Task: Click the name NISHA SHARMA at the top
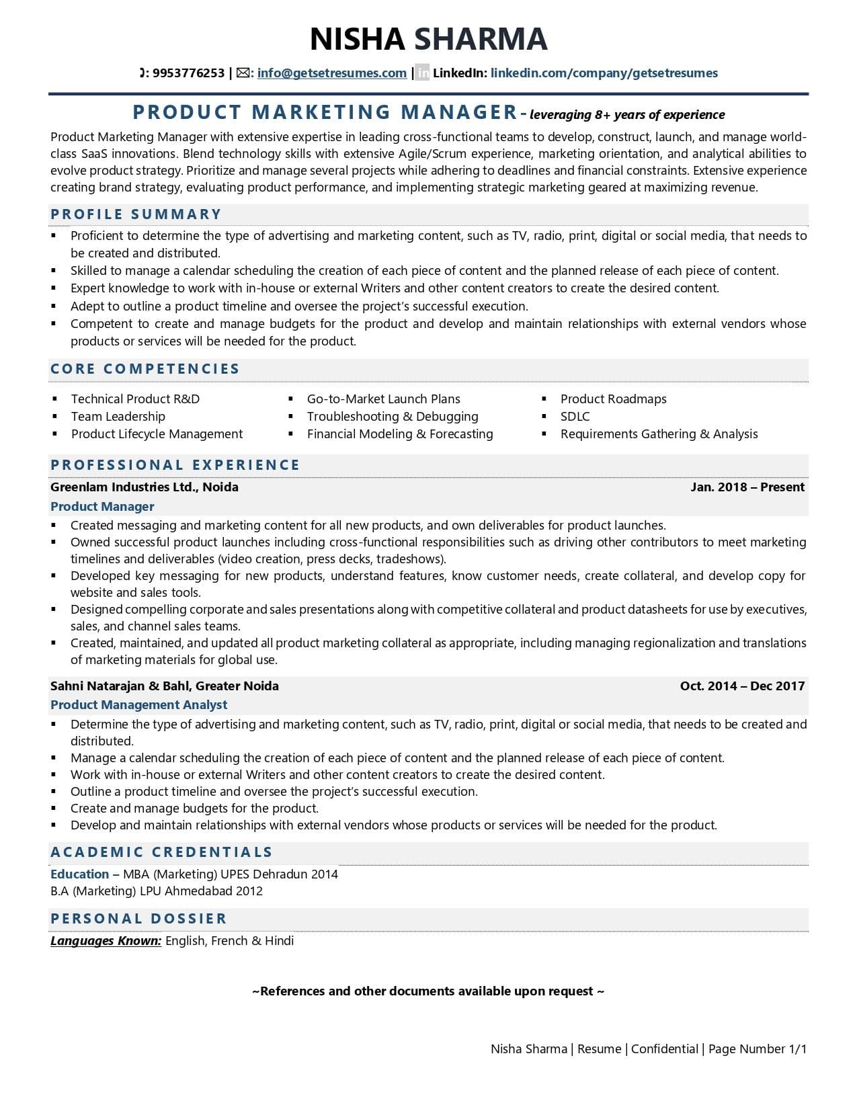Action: pos(428,39)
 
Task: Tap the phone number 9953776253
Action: pos(188,73)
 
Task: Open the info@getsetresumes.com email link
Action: pos(331,73)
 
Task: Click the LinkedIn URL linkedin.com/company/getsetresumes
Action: pos(604,73)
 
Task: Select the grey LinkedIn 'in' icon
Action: pos(422,73)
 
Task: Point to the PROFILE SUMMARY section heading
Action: pos(136,214)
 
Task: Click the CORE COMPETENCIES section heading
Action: pos(145,369)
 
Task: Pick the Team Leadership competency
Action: pos(118,417)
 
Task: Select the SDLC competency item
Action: pos(575,417)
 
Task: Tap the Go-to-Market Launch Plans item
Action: pos(383,399)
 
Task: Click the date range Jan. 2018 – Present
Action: pos(747,487)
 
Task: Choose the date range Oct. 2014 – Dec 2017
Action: pos(742,686)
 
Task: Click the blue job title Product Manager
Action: pos(102,507)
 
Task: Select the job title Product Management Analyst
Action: pos(138,705)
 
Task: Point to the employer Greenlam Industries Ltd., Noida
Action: pos(145,487)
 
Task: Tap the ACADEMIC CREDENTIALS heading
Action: pos(161,852)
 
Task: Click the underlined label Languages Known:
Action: pos(106,941)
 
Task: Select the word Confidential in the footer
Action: pos(664,1049)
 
